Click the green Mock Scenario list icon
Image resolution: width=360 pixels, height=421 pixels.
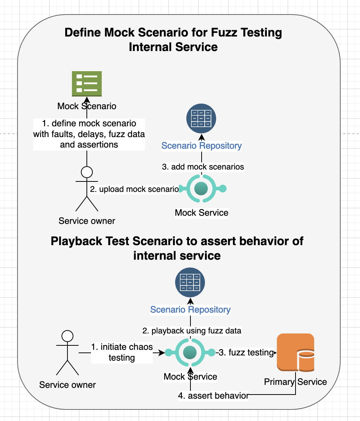[x=86, y=83]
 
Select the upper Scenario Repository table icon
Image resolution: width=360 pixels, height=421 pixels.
[x=201, y=119]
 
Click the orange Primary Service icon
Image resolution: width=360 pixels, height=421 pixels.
[x=296, y=352]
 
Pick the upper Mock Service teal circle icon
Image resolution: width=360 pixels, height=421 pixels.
[x=201, y=189]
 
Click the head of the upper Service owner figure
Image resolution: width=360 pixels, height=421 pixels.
[x=87, y=172]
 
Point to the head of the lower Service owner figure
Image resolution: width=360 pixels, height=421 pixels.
[x=67, y=336]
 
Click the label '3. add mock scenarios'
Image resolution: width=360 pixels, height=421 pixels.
[x=203, y=167]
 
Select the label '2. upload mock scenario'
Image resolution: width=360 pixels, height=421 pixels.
[x=134, y=189]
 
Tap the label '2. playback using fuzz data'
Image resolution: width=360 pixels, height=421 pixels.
[x=192, y=330]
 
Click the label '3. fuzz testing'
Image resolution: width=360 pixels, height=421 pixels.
[x=246, y=352]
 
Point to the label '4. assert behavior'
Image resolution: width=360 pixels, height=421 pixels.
[x=213, y=396]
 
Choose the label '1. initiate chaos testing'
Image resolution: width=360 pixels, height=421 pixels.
[x=122, y=352]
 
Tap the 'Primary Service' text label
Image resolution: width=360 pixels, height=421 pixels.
[x=295, y=382]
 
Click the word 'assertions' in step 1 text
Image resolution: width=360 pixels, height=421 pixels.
[x=89, y=145]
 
